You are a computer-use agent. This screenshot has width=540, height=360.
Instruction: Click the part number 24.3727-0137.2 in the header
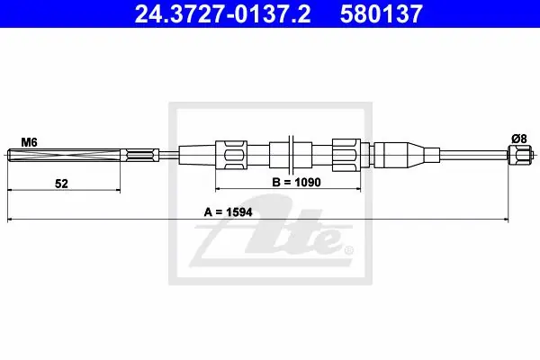coord(222,13)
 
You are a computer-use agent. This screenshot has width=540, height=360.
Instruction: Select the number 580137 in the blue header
coord(382,13)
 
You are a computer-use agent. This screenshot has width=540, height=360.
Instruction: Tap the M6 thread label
coord(29,142)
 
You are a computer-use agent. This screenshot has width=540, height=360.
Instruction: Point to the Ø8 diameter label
coord(519,139)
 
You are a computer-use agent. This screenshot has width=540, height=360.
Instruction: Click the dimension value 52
coord(61,184)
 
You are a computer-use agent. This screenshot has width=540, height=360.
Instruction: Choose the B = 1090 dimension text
coord(296,182)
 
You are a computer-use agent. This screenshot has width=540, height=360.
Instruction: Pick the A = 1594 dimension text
coord(228,211)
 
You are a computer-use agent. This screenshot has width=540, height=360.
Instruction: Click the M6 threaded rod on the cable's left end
coord(64,155)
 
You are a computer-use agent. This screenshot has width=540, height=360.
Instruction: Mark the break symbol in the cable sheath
coord(291,154)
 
